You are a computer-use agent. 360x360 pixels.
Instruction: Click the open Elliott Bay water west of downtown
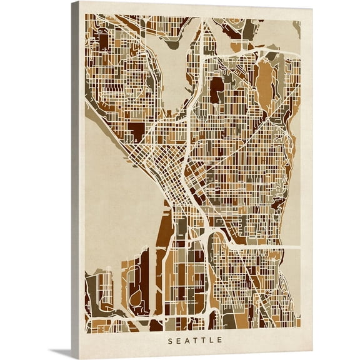click(x=119, y=187)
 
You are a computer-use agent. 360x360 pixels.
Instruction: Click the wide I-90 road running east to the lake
click(x=262, y=247)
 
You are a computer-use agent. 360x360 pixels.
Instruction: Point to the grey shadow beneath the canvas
click(x=62, y=352)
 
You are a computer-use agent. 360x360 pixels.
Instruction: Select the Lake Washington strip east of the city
click(x=295, y=187)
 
